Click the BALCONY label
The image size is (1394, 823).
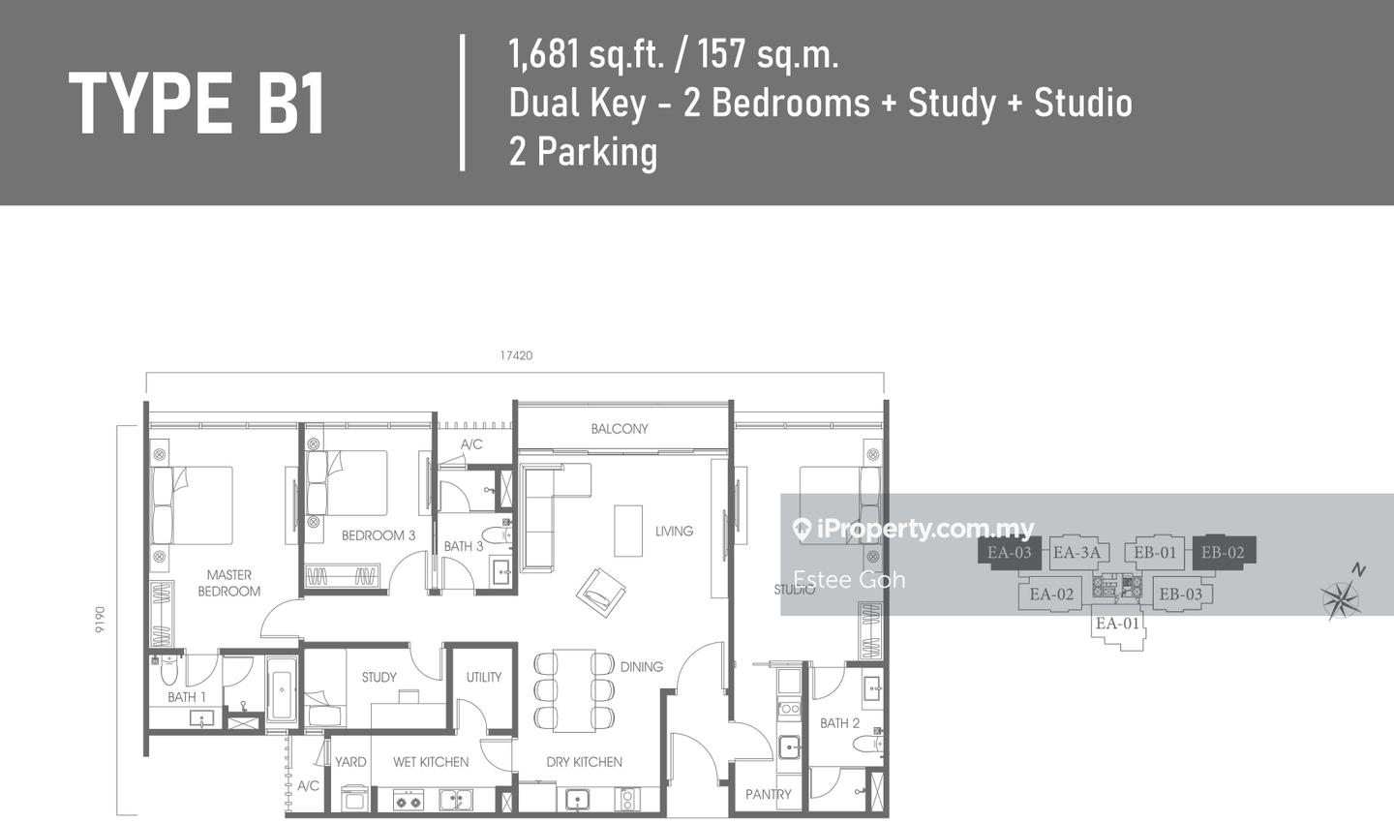tap(620, 429)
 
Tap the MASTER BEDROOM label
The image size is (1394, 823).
tap(229, 583)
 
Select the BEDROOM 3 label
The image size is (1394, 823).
tap(379, 535)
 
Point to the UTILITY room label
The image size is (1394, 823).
tap(484, 677)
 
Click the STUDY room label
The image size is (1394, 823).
tap(379, 677)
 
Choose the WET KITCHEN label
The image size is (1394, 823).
tap(431, 762)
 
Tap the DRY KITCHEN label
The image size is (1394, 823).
tap(584, 762)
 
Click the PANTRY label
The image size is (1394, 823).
tap(768, 794)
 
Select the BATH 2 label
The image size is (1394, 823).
tap(839, 723)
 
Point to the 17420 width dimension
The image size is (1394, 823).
tap(517, 356)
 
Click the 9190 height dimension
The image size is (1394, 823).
tap(101, 620)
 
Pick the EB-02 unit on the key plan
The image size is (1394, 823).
tap(1224, 553)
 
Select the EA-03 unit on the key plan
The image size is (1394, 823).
tap(1010, 553)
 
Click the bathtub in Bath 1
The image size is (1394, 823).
tap(282, 689)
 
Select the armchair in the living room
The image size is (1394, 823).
tap(601, 592)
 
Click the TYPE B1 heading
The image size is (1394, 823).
tap(197, 104)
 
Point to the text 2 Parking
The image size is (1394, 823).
tap(583, 152)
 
